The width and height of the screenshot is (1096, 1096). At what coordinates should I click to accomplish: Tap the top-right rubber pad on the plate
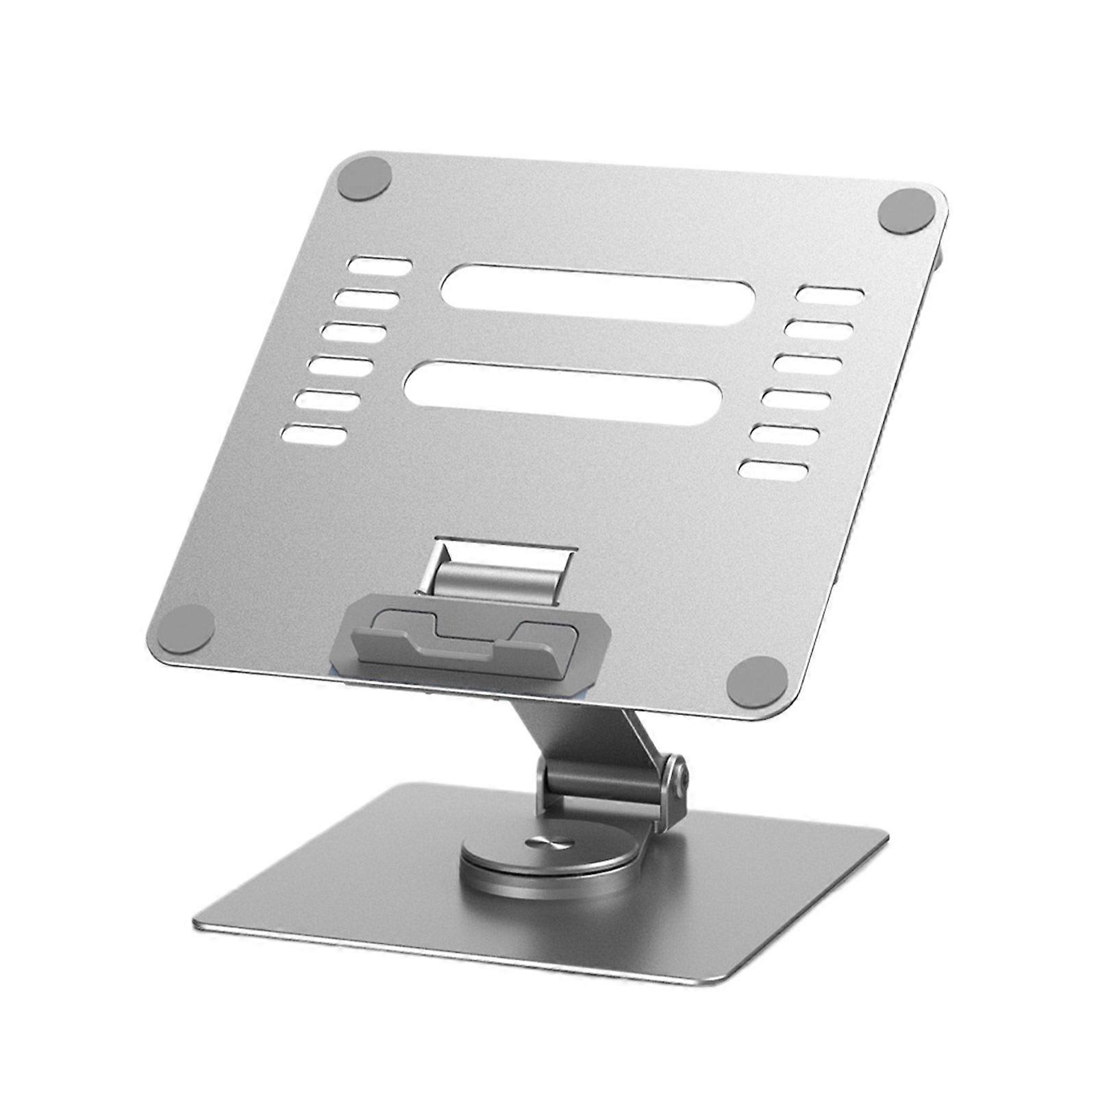pyautogui.click(x=907, y=211)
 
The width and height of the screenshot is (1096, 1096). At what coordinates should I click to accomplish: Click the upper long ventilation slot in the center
pyautogui.click(x=597, y=294)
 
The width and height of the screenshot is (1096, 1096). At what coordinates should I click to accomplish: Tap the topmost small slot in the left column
pyautogui.click(x=381, y=266)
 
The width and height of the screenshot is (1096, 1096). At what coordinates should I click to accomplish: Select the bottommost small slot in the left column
pyautogui.click(x=315, y=434)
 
